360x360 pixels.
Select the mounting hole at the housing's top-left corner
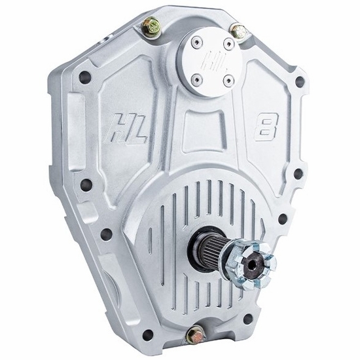pyautogui.click(x=84, y=77)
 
